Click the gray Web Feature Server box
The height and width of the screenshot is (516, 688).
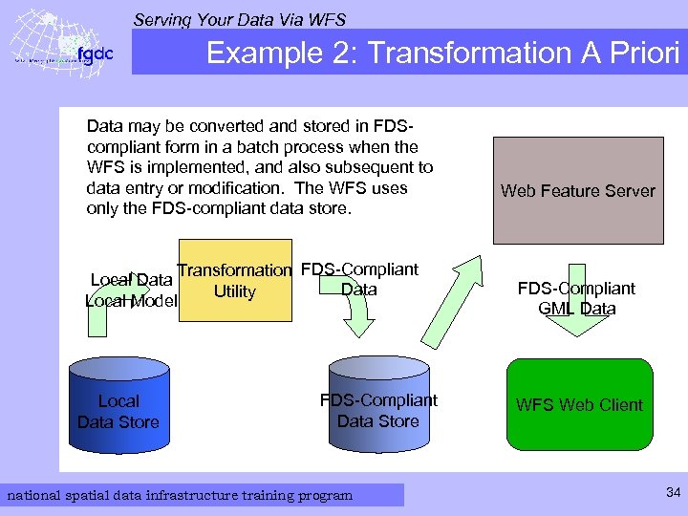(x=577, y=190)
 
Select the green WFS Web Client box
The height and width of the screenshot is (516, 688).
(x=579, y=404)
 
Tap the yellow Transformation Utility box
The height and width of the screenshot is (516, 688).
(x=234, y=280)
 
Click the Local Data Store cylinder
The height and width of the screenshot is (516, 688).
(x=118, y=406)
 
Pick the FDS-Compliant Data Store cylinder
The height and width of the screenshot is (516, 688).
(x=377, y=406)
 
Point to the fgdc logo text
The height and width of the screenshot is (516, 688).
(x=95, y=54)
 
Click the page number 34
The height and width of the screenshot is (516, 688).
(x=673, y=493)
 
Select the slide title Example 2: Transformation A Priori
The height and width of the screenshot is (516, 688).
(x=443, y=53)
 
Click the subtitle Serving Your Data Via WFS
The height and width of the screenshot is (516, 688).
(x=239, y=19)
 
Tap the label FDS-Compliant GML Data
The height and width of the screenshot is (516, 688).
(x=576, y=298)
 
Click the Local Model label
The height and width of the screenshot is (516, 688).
(x=131, y=301)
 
